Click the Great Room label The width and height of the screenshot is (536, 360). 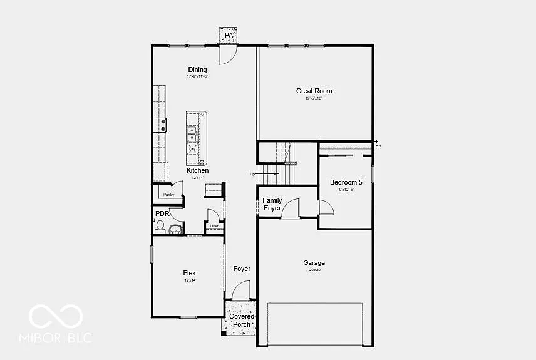coord(314,91)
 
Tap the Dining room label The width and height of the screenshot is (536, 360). coord(197,70)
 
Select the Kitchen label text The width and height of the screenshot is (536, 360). coord(197,170)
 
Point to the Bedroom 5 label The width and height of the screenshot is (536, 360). coord(346,183)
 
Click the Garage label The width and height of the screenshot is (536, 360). coord(314,263)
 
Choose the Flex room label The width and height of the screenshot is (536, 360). coord(189,273)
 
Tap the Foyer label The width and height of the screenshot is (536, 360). coord(242,269)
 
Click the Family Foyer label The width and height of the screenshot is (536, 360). coord(272,204)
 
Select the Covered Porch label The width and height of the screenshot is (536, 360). coord(242,321)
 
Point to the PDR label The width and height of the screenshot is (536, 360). coord(162,213)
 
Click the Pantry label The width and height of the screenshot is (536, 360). coord(168,195)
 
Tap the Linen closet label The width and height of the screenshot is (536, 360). coord(214,226)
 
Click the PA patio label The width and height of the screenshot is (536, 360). coord(229,36)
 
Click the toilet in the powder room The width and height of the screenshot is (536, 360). coord(160,225)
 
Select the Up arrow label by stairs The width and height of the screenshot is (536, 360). coord(253,174)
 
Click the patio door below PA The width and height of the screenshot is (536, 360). coord(227,54)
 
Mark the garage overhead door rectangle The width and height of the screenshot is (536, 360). coord(315,324)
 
